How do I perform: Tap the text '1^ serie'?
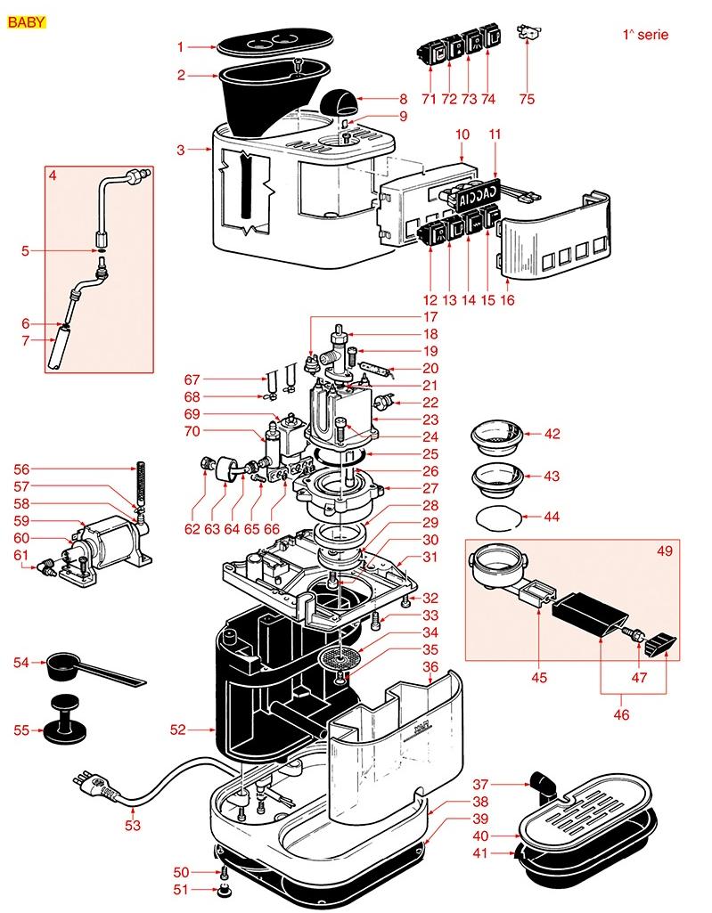tap(645, 37)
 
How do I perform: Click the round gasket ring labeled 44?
tap(495, 516)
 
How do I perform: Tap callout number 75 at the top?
tap(527, 99)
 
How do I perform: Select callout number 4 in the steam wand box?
tap(53, 175)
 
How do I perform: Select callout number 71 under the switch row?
tap(429, 99)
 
